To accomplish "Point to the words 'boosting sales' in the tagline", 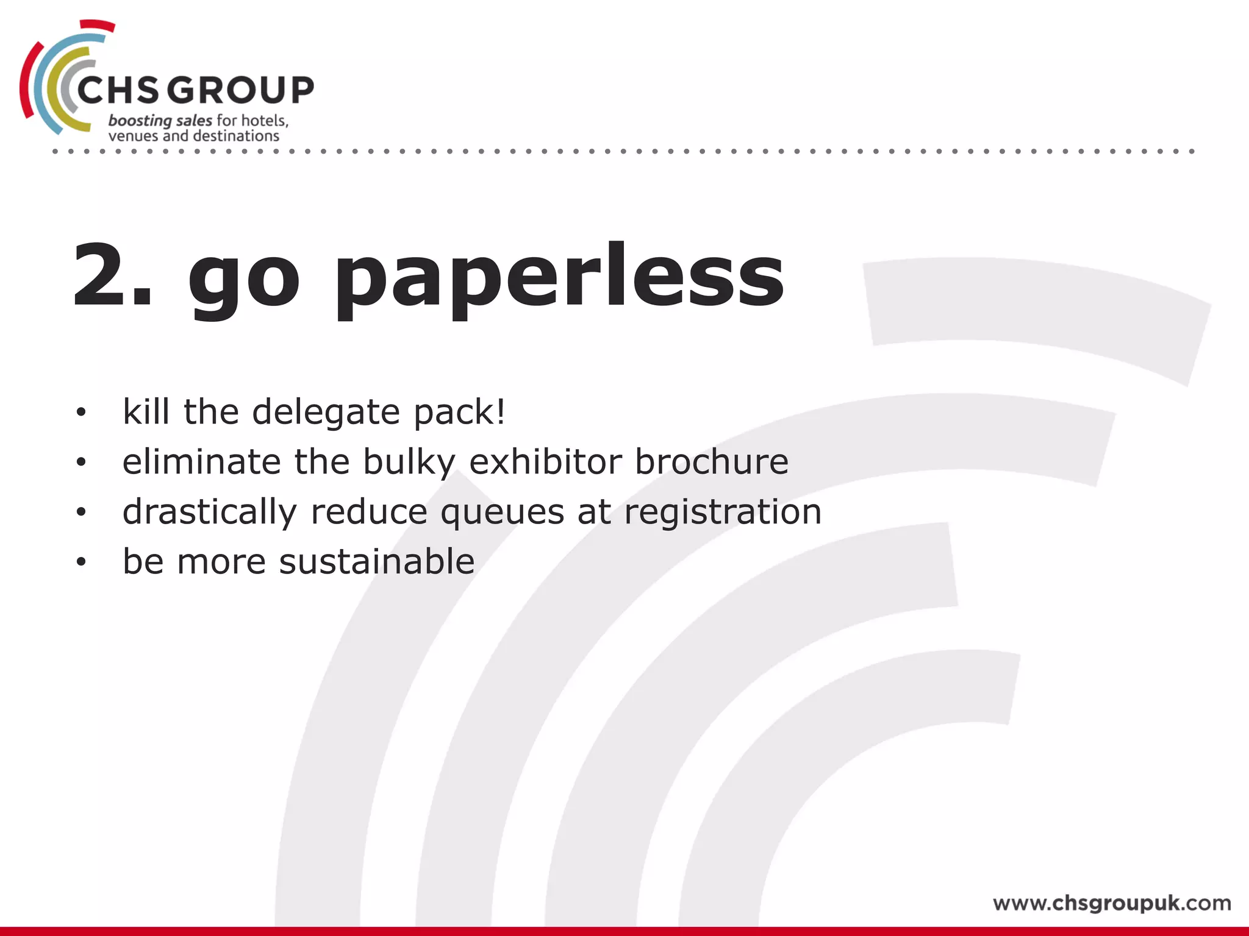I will click(160, 121).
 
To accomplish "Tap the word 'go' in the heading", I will click(244, 280).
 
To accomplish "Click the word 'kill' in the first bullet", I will click(146, 411).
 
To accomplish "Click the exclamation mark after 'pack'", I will click(501, 411).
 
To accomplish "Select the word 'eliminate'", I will click(201, 461).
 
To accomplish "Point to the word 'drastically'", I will click(209, 512).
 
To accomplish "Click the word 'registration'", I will click(722, 512).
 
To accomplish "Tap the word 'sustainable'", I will click(376, 561).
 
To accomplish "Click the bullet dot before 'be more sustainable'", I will click(81, 562).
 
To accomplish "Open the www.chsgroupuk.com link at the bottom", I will click(1111, 903).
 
